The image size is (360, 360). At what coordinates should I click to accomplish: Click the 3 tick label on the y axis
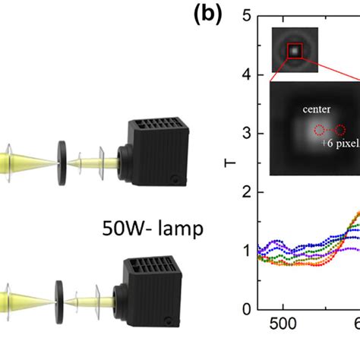[x=245, y=134]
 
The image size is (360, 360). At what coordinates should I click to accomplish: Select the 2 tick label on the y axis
[x=245, y=192]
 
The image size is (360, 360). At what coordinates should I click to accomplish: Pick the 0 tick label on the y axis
[x=245, y=310]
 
